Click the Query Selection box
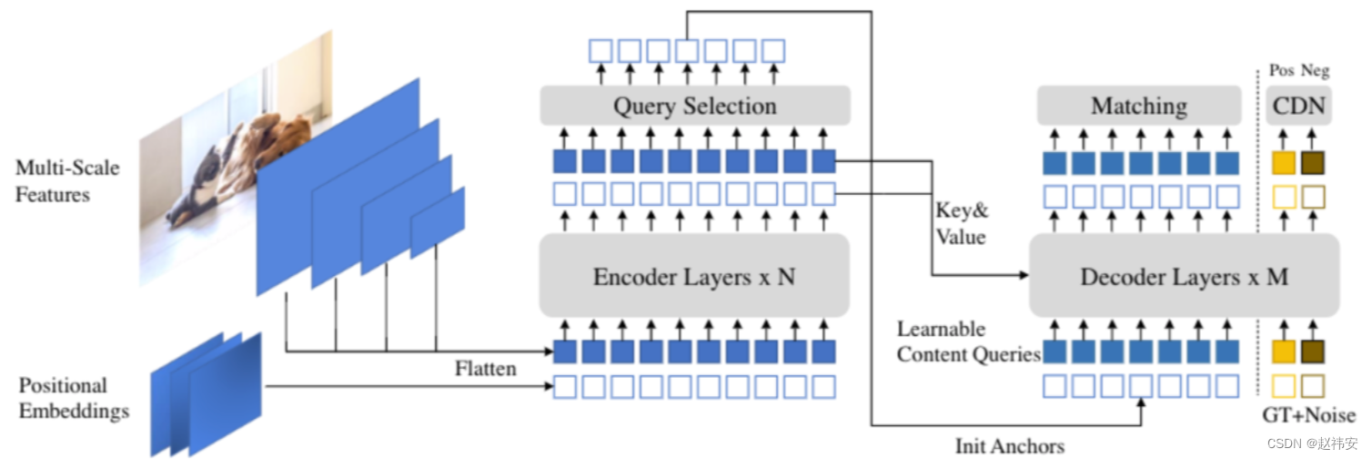tap(694, 106)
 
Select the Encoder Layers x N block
tap(693, 276)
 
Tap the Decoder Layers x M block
tap(1184, 276)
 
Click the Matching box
tap(1139, 106)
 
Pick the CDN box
tap(1298, 106)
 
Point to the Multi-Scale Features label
tap(66, 180)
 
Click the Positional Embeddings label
tap(74, 398)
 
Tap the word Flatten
tap(485, 368)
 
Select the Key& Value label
tap(961, 223)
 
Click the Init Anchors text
tap(1009, 445)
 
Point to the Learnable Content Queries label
tap(967, 342)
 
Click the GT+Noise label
tap(1308, 416)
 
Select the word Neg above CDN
tap(1313, 71)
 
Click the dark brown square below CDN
tap(1313, 163)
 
